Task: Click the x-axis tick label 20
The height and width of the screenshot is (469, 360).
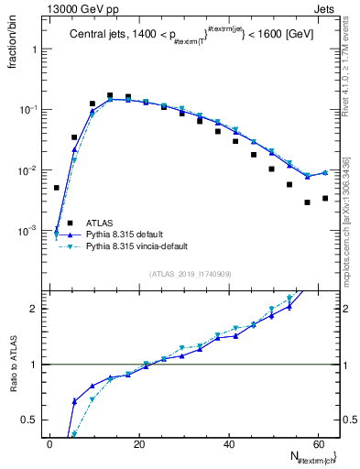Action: point(138,443)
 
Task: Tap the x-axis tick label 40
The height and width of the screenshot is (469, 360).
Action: point(228,443)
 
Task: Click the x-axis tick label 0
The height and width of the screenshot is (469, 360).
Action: point(49,443)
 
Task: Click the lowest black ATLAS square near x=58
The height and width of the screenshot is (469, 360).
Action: point(308,202)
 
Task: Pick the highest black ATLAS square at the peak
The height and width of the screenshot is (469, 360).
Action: point(110,95)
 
